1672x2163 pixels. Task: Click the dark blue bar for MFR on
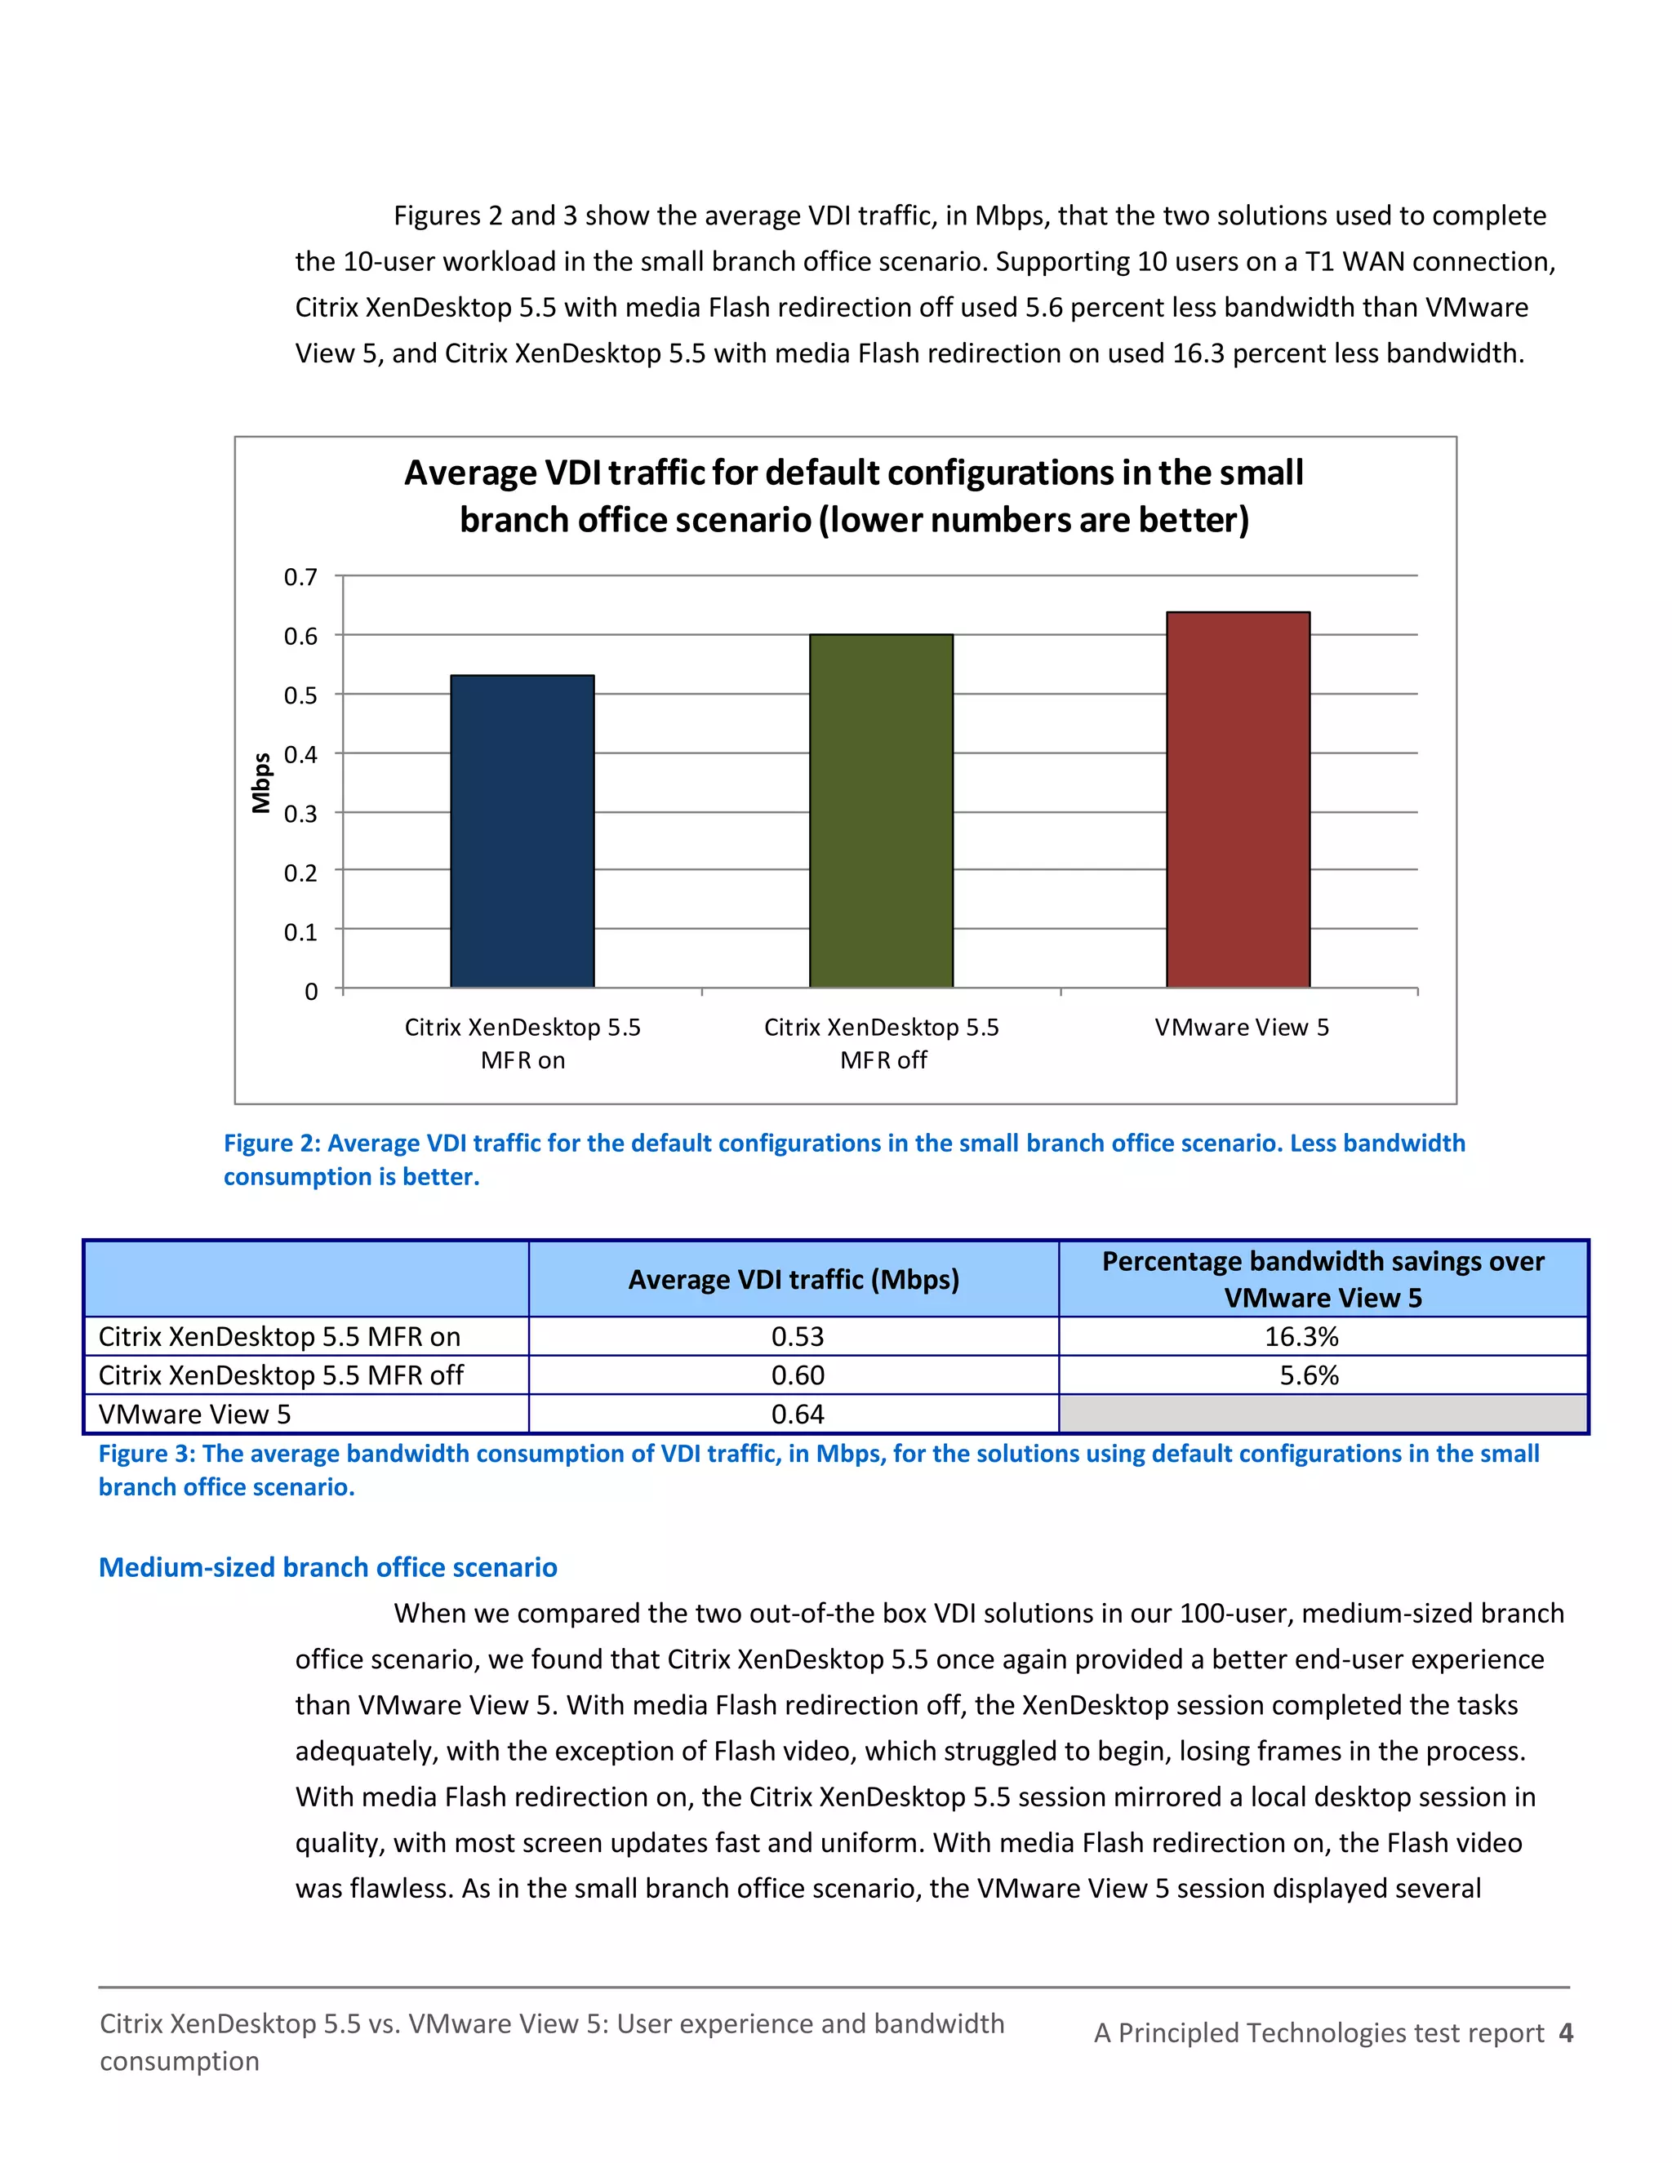click(x=522, y=831)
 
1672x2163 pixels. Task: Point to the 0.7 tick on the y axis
click(x=300, y=576)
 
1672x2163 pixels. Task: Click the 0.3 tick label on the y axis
click(x=300, y=814)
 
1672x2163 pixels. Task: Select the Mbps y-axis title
click(x=261, y=783)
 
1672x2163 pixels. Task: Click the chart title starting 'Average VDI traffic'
click(x=853, y=495)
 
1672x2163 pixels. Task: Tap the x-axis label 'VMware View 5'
click(x=1241, y=1027)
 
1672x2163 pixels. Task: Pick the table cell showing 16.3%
click(x=1301, y=1336)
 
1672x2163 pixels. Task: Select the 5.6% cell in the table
click(x=1308, y=1375)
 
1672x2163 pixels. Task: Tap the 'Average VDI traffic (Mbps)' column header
click(x=794, y=1280)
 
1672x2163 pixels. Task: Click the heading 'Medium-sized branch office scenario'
click(x=328, y=1567)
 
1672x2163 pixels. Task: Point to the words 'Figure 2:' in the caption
click(x=270, y=1143)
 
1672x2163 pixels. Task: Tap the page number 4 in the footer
click(x=1565, y=2032)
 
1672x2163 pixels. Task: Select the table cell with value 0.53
click(x=798, y=1336)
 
